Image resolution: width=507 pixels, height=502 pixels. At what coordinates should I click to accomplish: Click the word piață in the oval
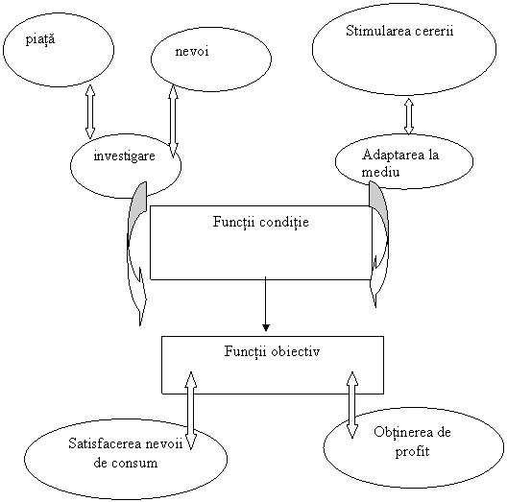pos(40,40)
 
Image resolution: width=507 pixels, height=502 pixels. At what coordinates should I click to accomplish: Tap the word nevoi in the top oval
pos(192,52)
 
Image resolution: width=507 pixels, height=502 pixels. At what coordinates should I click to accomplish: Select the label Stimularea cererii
pos(399,31)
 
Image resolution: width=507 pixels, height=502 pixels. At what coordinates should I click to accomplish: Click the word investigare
pos(125,156)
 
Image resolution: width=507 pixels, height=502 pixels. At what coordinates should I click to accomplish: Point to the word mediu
pos(380,172)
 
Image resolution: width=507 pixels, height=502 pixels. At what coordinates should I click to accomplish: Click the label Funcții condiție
pos(260,223)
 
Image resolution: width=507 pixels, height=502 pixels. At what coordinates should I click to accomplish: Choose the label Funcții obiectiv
pos(273,351)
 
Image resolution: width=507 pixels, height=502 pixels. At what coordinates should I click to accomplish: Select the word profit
pos(412,451)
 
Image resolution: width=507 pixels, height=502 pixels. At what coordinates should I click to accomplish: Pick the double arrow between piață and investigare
pos(90,112)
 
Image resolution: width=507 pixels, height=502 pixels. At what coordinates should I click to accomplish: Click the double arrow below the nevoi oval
pos(174,121)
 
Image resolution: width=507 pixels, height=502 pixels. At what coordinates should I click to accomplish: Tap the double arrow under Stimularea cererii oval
pos(409,116)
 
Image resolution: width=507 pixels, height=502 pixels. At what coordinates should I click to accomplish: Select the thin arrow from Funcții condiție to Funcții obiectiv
pos(265,304)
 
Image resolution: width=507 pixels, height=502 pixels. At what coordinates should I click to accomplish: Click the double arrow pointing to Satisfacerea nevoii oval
pos(191,411)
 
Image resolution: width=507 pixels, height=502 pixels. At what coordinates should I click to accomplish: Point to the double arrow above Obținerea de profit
pos(352,405)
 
